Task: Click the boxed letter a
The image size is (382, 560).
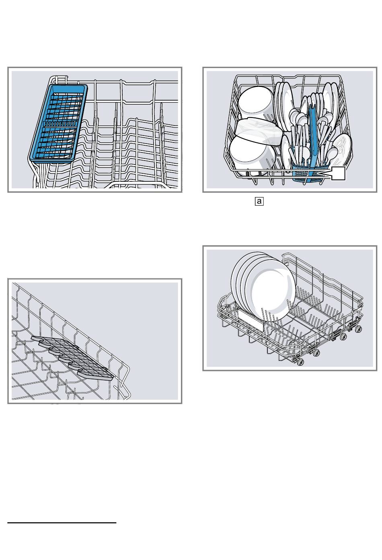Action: tap(259, 201)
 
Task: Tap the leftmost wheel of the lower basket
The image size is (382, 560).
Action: tap(300, 362)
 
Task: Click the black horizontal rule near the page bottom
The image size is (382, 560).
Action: tap(62, 523)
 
